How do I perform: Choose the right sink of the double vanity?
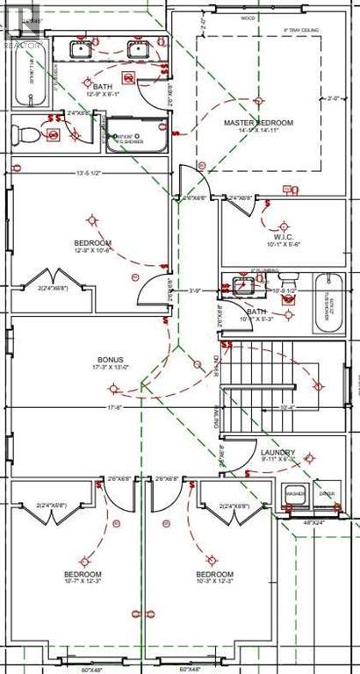point(139,49)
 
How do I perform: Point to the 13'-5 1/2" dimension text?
point(87,172)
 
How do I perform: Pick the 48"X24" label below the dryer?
point(313,522)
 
